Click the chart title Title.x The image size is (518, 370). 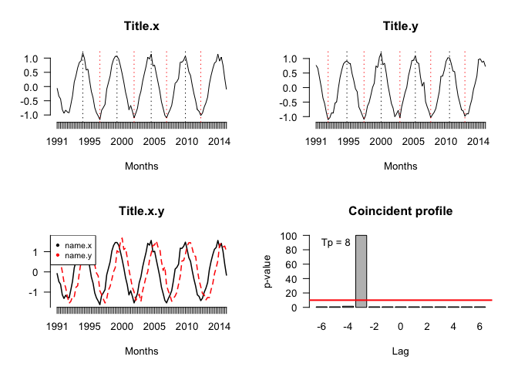(142, 25)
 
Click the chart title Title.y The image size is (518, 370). (400, 25)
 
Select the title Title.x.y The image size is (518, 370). (142, 210)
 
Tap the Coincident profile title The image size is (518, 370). (400, 210)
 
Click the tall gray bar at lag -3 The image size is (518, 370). (361, 271)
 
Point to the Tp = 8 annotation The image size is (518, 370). (336, 242)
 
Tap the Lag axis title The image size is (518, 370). (400, 351)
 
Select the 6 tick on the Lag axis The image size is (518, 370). (479, 327)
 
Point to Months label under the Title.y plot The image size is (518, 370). (400, 166)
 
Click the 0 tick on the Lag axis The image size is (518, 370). (400, 327)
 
